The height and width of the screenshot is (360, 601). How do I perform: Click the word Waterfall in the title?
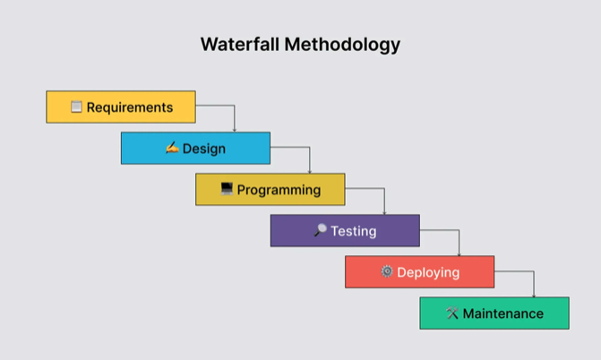click(240, 44)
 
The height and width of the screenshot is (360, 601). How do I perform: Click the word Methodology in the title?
click(342, 45)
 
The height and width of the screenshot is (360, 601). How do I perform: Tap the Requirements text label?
click(130, 107)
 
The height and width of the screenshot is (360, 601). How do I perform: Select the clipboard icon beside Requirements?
click(76, 107)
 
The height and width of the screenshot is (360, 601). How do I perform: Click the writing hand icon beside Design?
click(172, 148)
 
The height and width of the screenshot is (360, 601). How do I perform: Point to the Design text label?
click(204, 149)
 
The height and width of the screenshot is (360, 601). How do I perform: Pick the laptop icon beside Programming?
click(227, 189)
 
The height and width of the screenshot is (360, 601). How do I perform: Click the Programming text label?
click(279, 190)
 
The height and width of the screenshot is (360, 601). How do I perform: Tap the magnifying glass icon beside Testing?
click(320, 230)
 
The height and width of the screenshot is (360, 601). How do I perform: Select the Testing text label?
click(354, 231)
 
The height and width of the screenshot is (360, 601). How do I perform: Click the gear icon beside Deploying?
click(387, 271)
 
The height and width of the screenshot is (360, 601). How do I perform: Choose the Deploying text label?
click(428, 272)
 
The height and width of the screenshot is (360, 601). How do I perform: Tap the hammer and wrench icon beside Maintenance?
click(452, 313)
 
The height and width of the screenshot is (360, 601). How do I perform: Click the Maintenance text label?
click(502, 313)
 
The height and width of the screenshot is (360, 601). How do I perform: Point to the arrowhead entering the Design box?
click(235, 131)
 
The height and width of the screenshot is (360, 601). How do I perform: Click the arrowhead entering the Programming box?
click(310, 171)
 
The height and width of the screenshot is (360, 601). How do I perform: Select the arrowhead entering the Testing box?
click(384, 212)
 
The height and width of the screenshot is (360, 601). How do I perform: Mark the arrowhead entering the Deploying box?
click(459, 253)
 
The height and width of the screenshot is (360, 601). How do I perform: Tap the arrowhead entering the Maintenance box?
click(534, 295)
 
